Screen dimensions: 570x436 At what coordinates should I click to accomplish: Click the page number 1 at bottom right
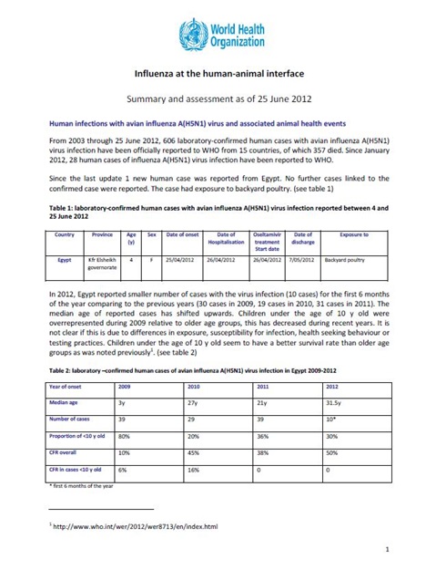(x=387, y=549)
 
